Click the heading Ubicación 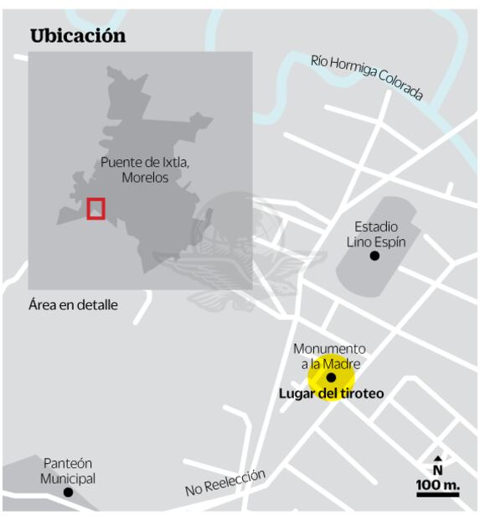pyautogui.click(x=78, y=36)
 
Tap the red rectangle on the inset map pyautogui.click(x=95, y=208)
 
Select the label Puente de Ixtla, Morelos pyautogui.click(x=145, y=170)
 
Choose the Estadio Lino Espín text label pyautogui.click(x=376, y=234)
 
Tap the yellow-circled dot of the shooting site pyautogui.click(x=331, y=378)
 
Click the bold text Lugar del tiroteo pyautogui.click(x=331, y=393)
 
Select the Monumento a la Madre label pyautogui.click(x=329, y=356)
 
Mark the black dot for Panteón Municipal pyautogui.click(x=69, y=492)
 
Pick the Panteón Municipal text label pyautogui.click(x=69, y=471)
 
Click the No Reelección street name pyautogui.click(x=225, y=483)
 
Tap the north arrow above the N pyautogui.click(x=437, y=459)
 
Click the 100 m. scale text pyautogui.click(x=438, y=484)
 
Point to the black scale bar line pyautogui.click(x=438, y=495)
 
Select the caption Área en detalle pyautogui.click(x=73, y=305)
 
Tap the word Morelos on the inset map pyautogui.click(x=145, y=178)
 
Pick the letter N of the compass pyautogui.click(x=437, y=471)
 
